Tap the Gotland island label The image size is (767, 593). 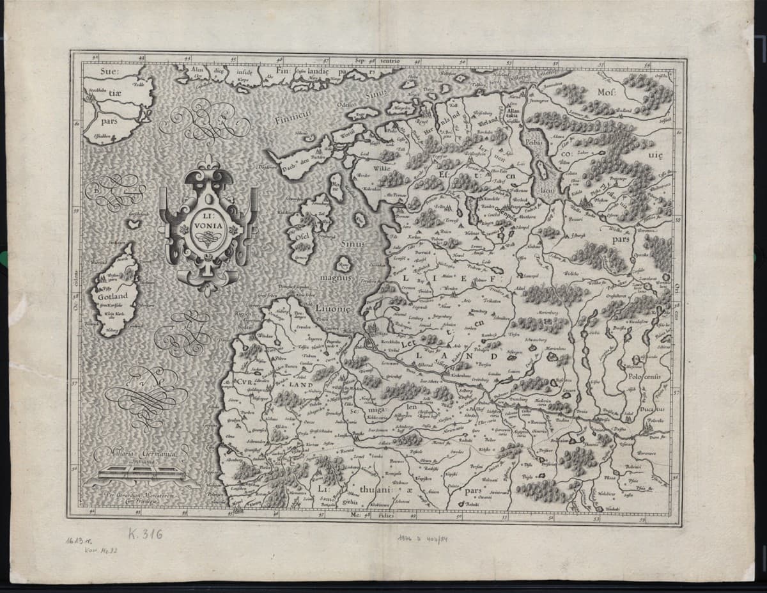[113, 296]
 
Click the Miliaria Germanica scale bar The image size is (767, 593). [135, 474]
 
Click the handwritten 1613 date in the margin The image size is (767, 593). [75, 541]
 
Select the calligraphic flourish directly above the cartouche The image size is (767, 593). [205, 122]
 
